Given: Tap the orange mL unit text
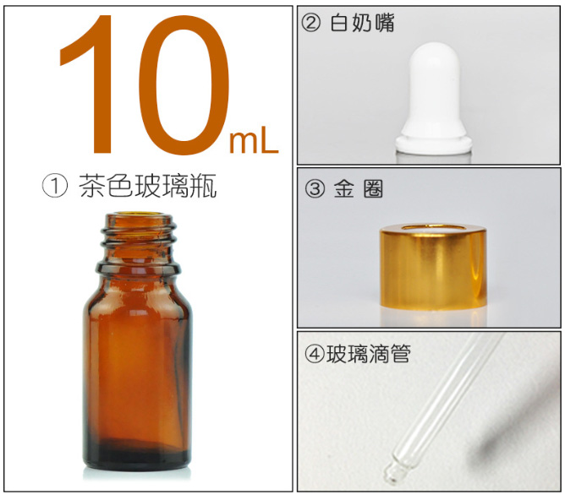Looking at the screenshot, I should pos(253,142).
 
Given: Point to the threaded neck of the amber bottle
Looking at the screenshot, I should pos(136,241).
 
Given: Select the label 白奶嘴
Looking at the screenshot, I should pos(363,23).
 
